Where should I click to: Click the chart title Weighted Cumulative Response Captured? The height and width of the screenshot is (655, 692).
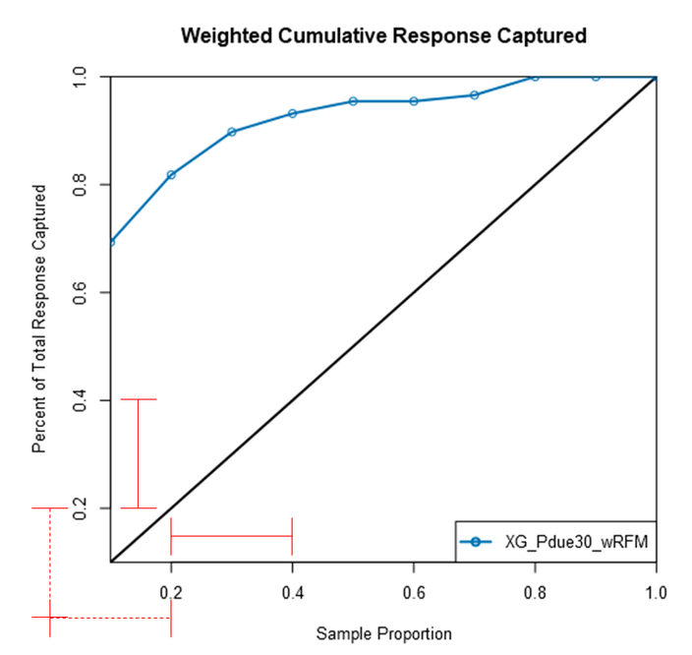[383, 36]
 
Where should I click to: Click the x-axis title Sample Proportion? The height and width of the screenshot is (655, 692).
[383, 633]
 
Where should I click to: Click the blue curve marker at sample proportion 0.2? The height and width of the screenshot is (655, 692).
[172, 175]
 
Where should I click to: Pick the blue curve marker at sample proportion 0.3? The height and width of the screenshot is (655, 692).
[232, 132]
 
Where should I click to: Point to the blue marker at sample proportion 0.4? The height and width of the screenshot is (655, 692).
[292, 113]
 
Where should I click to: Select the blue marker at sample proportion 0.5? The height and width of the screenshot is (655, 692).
[353, 101]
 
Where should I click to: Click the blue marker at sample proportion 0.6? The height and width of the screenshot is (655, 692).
[414, 101]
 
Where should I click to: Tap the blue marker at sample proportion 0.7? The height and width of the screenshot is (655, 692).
[474, 94]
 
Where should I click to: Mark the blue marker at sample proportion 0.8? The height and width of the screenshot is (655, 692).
[535, 77]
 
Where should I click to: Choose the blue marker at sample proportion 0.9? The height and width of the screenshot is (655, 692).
[596, 77]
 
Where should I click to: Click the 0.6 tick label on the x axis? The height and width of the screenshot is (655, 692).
[414, 594]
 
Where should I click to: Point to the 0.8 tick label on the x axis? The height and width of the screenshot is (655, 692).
[535, 594]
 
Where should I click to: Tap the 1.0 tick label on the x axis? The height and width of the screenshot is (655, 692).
[656, 594]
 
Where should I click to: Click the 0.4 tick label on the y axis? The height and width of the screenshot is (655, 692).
[81, 400]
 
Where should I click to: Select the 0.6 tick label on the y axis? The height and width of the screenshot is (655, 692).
[81, 292]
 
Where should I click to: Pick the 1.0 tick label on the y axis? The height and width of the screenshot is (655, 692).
[81, 77]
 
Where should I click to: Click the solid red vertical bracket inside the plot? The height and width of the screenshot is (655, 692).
[138, 453]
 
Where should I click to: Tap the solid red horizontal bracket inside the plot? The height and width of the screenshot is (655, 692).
[232, 536]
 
